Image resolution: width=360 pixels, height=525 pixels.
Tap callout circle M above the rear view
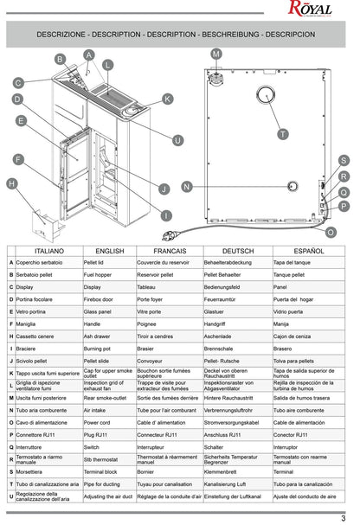coord(216,54)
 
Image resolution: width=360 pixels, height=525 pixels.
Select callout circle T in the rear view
coord(283,134)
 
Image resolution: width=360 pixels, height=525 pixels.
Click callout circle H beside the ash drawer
coord(11,183)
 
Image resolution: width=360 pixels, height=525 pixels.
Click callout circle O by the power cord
coord(330,232)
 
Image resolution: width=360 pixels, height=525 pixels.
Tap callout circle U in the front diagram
coord(177,140)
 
